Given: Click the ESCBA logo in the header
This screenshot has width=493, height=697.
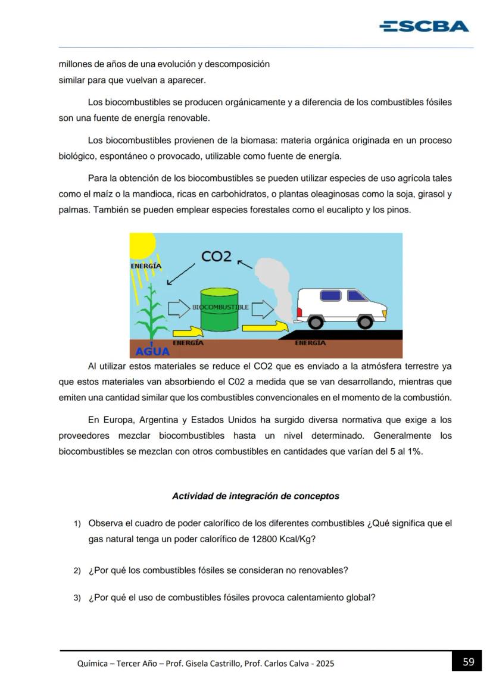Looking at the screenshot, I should point(423,26).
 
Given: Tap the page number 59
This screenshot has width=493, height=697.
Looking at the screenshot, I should point(468,662).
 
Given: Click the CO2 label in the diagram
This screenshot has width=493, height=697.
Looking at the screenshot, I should point(216,256).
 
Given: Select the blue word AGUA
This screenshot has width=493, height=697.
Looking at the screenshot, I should point(152,351).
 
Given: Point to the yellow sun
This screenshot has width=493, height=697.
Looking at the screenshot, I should point(141,244).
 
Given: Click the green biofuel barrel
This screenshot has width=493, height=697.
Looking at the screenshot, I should point(219,310).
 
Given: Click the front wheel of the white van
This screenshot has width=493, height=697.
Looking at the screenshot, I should point(364,322).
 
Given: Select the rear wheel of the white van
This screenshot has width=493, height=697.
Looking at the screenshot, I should point(316,321).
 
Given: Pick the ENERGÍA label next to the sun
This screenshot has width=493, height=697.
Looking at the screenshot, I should point(146,266).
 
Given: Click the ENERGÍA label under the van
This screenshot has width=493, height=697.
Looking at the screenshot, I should point(310,343).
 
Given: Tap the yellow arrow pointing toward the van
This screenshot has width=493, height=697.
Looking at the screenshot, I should point(266,326).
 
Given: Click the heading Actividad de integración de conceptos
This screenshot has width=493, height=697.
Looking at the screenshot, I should point(255,496).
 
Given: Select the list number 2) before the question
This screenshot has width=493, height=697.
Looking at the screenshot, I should point(77,571).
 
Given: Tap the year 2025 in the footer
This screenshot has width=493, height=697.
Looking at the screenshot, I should point(325,663).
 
